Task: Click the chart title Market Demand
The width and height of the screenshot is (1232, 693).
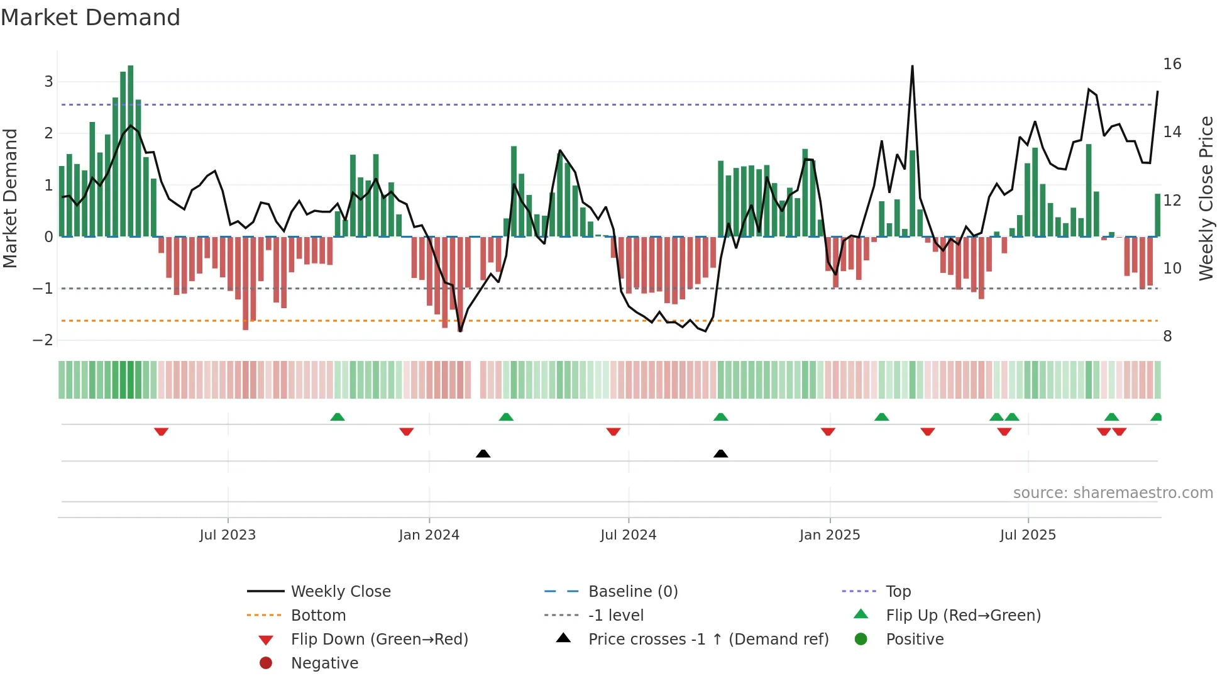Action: tap(91, 18)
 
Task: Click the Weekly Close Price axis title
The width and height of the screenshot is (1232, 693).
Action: tap(1206, 198)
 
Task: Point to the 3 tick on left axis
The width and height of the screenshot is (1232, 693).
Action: tap(48, 81)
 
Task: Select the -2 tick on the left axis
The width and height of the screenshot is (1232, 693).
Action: tap(43, 340)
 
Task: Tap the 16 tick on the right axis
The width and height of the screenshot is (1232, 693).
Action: tap(1172, 64)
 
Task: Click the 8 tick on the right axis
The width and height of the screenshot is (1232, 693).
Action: tap(1167, 336)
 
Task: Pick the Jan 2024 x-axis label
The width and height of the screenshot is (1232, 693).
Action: tap(429, 535)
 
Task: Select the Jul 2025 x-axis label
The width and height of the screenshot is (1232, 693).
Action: tap(1028, 535)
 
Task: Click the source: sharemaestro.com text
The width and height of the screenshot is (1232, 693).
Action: tap(1113, 493)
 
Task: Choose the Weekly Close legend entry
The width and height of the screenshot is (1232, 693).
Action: tap(340, 592)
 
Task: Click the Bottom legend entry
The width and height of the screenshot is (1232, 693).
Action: tap(318, 616)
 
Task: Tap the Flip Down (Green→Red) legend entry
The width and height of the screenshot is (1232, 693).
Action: tap(379, 640)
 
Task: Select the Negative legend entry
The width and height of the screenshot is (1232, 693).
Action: tap(324, 663)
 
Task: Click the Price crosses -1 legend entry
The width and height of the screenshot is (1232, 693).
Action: tap(708, 640)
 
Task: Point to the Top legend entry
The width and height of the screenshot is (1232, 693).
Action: tap(898, 592)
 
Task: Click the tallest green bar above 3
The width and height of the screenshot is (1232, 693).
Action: tap(131, 151)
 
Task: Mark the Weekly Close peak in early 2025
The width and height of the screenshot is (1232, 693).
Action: tap(912, 67)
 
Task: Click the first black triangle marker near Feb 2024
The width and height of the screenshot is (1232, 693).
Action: tap(483, 453)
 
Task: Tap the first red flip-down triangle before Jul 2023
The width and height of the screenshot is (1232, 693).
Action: tap(161, 431)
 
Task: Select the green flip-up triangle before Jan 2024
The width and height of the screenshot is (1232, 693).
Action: tap(338, 417)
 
